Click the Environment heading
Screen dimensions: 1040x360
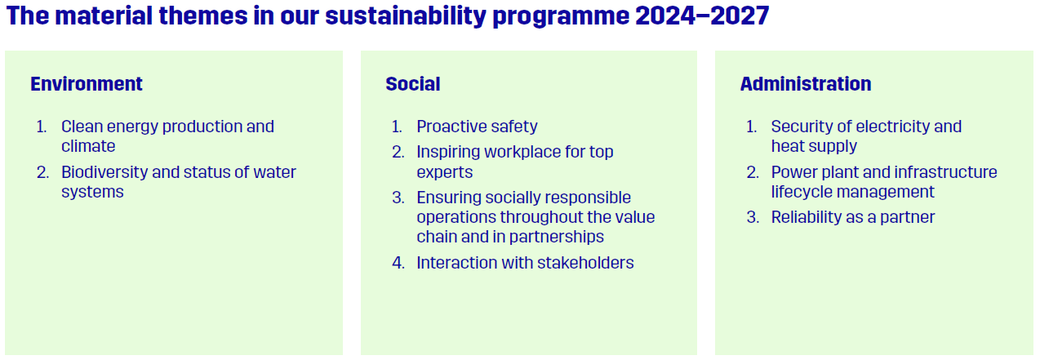(x=87, y=84)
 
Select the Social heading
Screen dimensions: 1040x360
(x=413, y=84)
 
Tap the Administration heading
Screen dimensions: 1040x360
(x=806, y=84)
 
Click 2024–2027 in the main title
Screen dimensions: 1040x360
(x=702, y=16)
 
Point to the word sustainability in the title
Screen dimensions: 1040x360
(x=406, y=16)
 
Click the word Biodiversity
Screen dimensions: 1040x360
(x=105, y=172)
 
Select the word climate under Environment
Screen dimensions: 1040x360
(x=88, y=146)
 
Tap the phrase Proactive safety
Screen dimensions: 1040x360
(x=477, y=127)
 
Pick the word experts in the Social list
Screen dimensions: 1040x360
(x=444, y=172)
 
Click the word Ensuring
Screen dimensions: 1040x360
(x=448, y=198)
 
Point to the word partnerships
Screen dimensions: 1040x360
(x=556, y=237)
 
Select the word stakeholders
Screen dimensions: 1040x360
(x=585, y=263)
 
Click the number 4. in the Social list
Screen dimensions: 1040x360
(x=398, y=263)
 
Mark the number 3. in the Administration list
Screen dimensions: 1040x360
(x=753, y=217)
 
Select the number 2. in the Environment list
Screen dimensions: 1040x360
(x=42, y=172)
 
